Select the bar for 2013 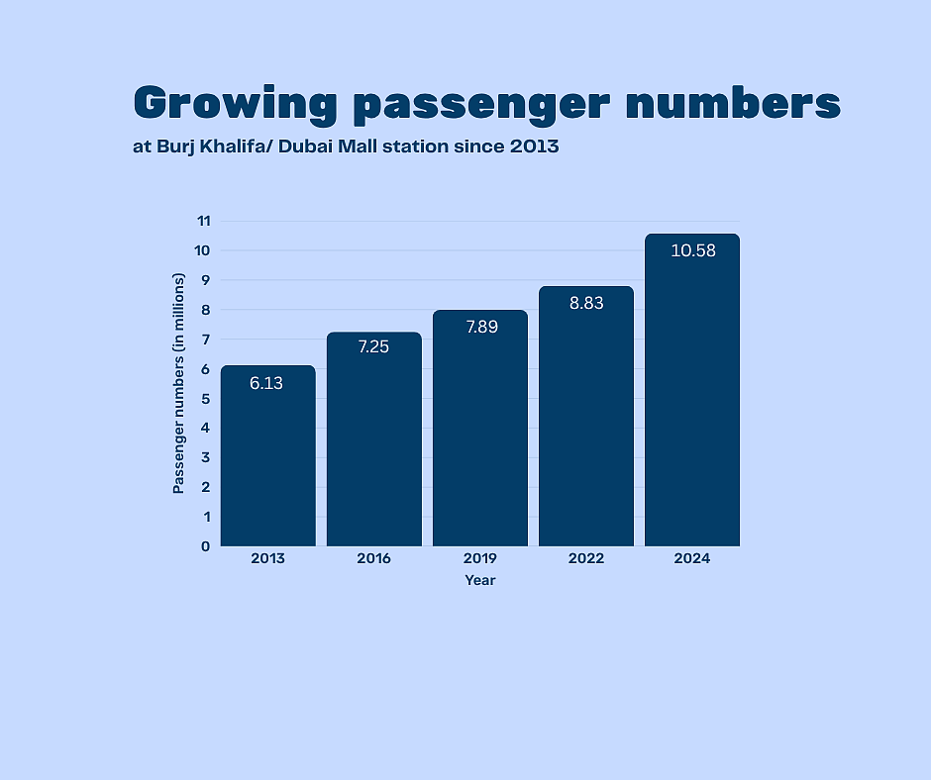267,465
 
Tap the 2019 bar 479,436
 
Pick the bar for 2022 585,426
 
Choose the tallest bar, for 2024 691,396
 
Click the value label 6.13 266,383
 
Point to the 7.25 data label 374,348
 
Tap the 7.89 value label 480,327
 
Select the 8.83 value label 586,303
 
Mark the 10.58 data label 692,250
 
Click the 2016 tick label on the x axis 373,558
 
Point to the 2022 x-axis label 585,558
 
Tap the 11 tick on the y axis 203,221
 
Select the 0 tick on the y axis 206,546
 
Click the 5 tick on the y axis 206,398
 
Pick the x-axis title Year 480,580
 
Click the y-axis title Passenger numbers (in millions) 179,383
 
